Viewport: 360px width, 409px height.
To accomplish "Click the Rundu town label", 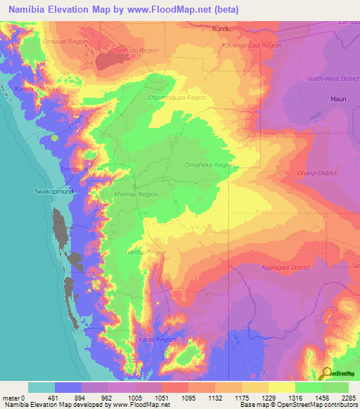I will (221, 30).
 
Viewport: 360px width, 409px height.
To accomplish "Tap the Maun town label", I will (339, 99).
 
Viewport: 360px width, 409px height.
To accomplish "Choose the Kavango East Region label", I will (251, 45).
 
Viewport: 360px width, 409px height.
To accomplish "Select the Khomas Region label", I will (136, 194).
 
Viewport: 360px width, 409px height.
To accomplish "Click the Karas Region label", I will (156, 339).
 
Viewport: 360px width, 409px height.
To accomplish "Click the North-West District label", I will (333, 79).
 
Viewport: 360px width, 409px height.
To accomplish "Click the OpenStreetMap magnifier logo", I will (326, 373).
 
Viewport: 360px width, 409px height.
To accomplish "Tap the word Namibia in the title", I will (27, 9).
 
